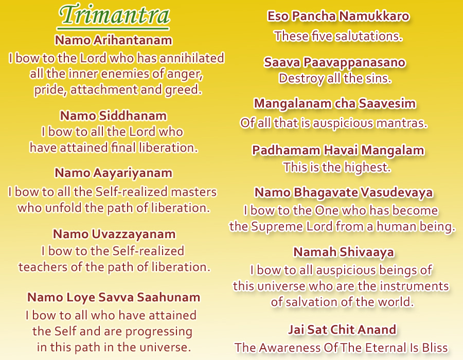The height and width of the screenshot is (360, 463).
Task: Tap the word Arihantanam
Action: (x=133, y=40)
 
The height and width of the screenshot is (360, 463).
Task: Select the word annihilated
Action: (x=192, y=58)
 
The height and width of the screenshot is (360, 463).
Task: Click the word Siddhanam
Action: (x=133, y=116)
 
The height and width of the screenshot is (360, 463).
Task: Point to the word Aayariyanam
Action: (x=133, y=173)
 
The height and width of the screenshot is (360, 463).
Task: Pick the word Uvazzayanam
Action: (x=133, y=235)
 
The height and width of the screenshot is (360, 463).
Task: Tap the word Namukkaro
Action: (x=373, y=16)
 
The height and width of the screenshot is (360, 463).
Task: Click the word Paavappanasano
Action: (x=354, y=63)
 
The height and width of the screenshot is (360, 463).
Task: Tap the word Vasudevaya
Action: (x=397, y=193)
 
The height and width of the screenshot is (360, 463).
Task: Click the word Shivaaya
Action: (x=367, y=253)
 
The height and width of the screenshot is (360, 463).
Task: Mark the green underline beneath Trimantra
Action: (x=113, y=29)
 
